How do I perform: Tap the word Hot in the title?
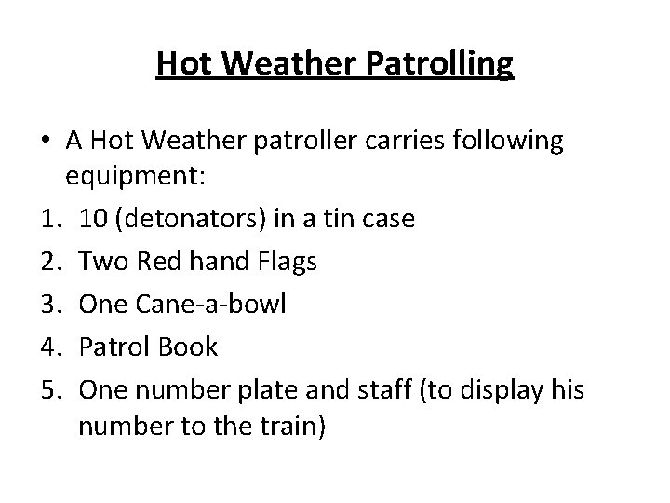pyautogui.click(x=184, y=64)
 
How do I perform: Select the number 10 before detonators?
pyautogui.click(x=94, y=219)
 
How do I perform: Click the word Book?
pyautogui.click(x=188, y=347)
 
